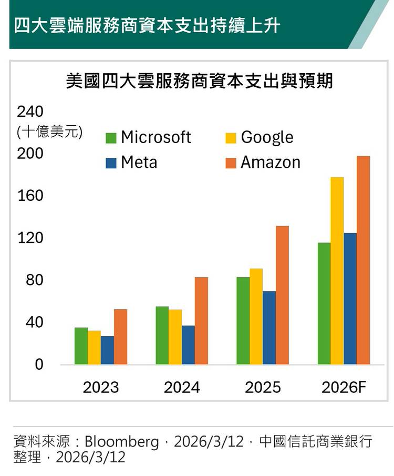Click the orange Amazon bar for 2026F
pyautogui.click(x=363, y=260)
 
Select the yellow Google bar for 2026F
pyautogui.click(x=337, y=271)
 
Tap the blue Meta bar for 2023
pyautogui.click(x=107, y=350)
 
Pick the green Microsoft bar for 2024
pyautogui.click(x=162, y=336)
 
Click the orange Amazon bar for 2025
pyautogui.click(x=282, y=295)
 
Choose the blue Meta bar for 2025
pyautogui.click(x=269, y=328)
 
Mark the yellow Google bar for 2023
pyautogui.click(x=94, y=348)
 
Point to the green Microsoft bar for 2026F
pyautogui.click(x=324, y=303)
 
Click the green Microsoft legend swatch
pyautogui.click(x=111, y=138)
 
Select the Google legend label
pyautogui.click(x=267, y=137)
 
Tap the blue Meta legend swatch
pyautogui.click(x=111, y=163)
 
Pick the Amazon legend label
pyautogui.click(x=271, y=163)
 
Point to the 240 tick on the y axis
pyautogui.click(x=30, y=112)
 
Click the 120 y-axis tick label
pyautogui.click(x=30, y=238)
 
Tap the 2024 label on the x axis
pyautogui.click(x=182, y=388)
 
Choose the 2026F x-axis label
pyautogui.click(x=344, y=388)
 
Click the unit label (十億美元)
pyautogui.click(x=49, y=131)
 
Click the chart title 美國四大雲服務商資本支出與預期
pyautogui.click(x=200, y=82)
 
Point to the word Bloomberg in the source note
pyautogui.click(x=122, y=442)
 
